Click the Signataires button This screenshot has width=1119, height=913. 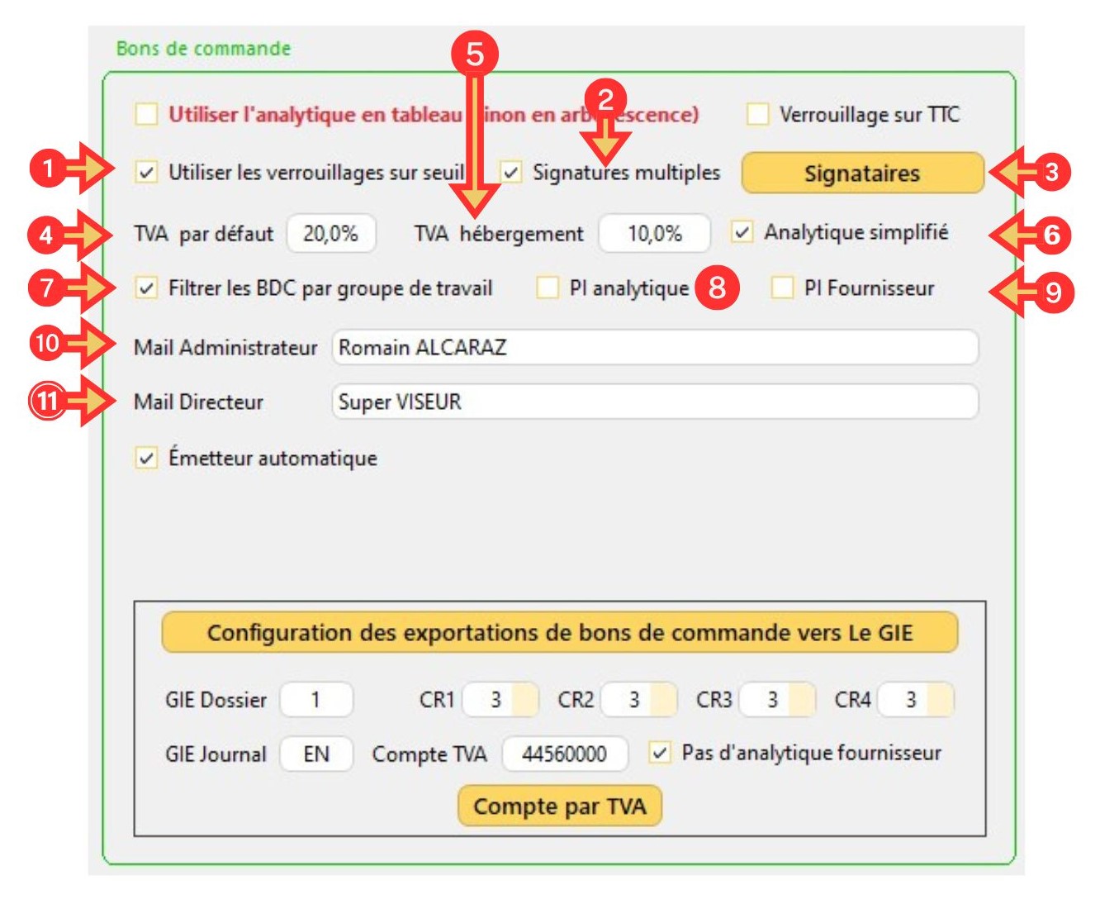tap(862, 174)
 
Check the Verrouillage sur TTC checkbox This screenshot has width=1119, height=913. tap(757, 114)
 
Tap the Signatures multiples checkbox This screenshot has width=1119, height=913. tap(512, 173)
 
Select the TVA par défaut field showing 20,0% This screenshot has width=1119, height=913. tap(331, 234)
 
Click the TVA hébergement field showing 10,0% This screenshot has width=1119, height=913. tap(654, 234)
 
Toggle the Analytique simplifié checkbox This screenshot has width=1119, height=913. tap(742, 232)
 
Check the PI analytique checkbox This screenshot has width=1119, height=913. tap(548, 288)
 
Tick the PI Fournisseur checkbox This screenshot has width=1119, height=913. tap(781, 288)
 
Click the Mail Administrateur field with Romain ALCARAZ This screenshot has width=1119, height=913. tap(654, 347)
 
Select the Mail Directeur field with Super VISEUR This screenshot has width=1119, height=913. tap(654, 402)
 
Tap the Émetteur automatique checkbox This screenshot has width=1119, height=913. tap(146, 458)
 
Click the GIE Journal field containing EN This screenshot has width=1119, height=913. tap(316, 754)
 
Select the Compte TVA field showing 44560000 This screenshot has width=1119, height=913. tap(565, 754)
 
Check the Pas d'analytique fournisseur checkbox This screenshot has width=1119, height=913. tap(659, 753)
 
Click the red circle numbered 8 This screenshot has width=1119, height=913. tap(717, 288)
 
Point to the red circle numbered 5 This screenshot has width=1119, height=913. tap(475, 54)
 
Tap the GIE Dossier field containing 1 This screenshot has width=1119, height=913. tap(316, 700)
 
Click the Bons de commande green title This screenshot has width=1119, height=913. tap(203, 49)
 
